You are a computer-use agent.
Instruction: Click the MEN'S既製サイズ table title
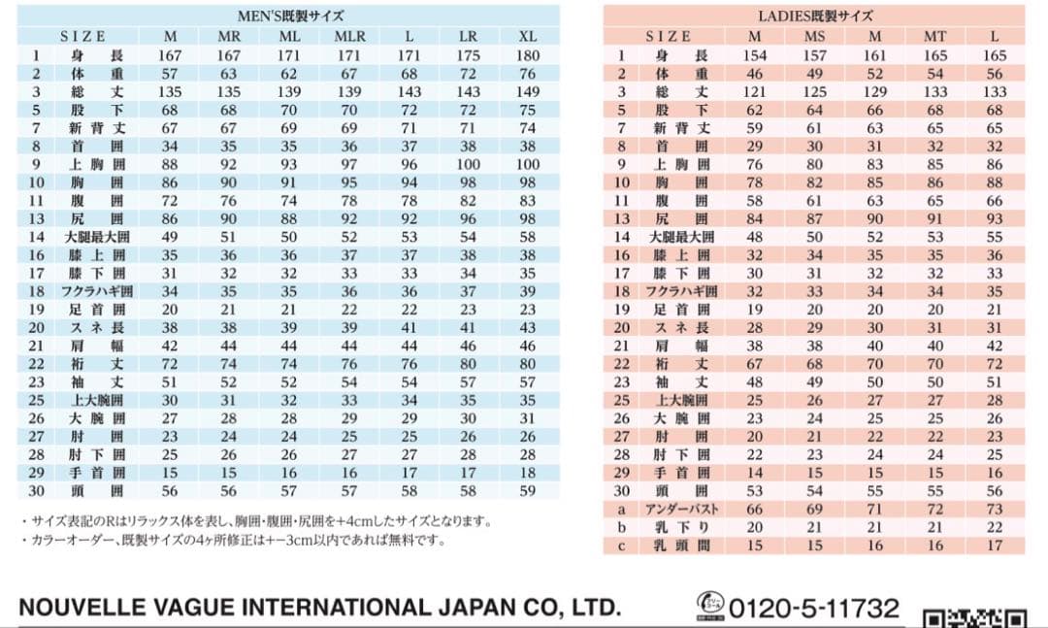coord(291,16)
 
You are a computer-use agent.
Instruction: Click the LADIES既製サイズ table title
coord(814,16)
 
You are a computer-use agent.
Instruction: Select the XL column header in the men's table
coord(527,36)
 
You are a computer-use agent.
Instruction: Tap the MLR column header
coord(349,36)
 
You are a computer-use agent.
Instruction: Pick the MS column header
coord(814,36)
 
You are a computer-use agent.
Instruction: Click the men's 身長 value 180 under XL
coord(527,55)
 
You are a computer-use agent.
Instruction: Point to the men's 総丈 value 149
coord(527,91)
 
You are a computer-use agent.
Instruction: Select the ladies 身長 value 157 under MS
coord(814,55)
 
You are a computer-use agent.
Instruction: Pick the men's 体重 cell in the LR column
coord(468,73)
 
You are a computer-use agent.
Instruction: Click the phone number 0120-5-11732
coord(814,609)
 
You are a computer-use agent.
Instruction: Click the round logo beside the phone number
coord(710,604)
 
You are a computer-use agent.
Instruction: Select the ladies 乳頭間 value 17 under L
coord(994,545)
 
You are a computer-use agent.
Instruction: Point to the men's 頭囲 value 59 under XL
coord(527,491)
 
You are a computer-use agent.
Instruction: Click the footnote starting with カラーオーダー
coord(233,541)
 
